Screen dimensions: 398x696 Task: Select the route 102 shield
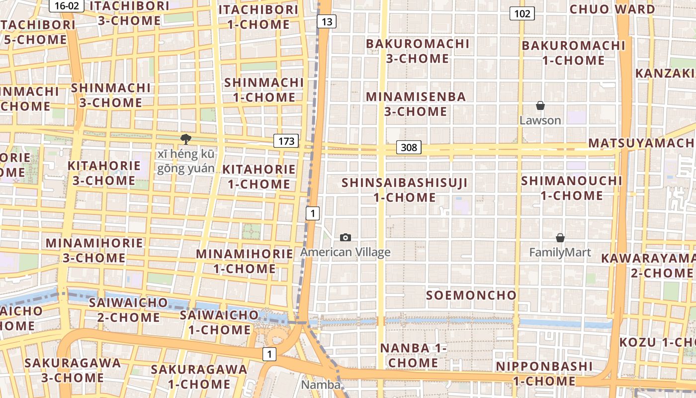(522, 13)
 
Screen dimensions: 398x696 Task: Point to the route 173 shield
(286, 141)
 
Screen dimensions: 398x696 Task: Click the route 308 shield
(409, 147)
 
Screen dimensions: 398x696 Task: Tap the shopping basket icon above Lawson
(540, 105)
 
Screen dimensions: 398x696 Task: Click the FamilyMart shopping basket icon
(560, 238)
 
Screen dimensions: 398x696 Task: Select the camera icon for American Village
(346, 238)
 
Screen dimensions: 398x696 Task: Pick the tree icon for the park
(186, 139)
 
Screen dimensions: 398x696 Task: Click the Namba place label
(321, 385)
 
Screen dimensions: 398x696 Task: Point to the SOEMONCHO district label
(471, 295)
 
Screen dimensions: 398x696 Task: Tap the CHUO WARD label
(612, 9)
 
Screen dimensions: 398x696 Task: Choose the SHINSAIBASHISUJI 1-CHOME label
(404, 190)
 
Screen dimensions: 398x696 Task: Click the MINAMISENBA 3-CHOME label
(416, 104)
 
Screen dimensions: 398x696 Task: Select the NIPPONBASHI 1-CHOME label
(544, 374)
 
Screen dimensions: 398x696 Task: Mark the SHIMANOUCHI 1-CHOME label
(572, 188)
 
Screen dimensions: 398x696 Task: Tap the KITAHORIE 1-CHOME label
(259, 177)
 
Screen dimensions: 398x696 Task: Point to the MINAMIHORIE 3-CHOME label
(94, 250)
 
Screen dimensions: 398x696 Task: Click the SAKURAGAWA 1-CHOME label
(199, 377)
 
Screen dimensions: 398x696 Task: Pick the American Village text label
(346, 252)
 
